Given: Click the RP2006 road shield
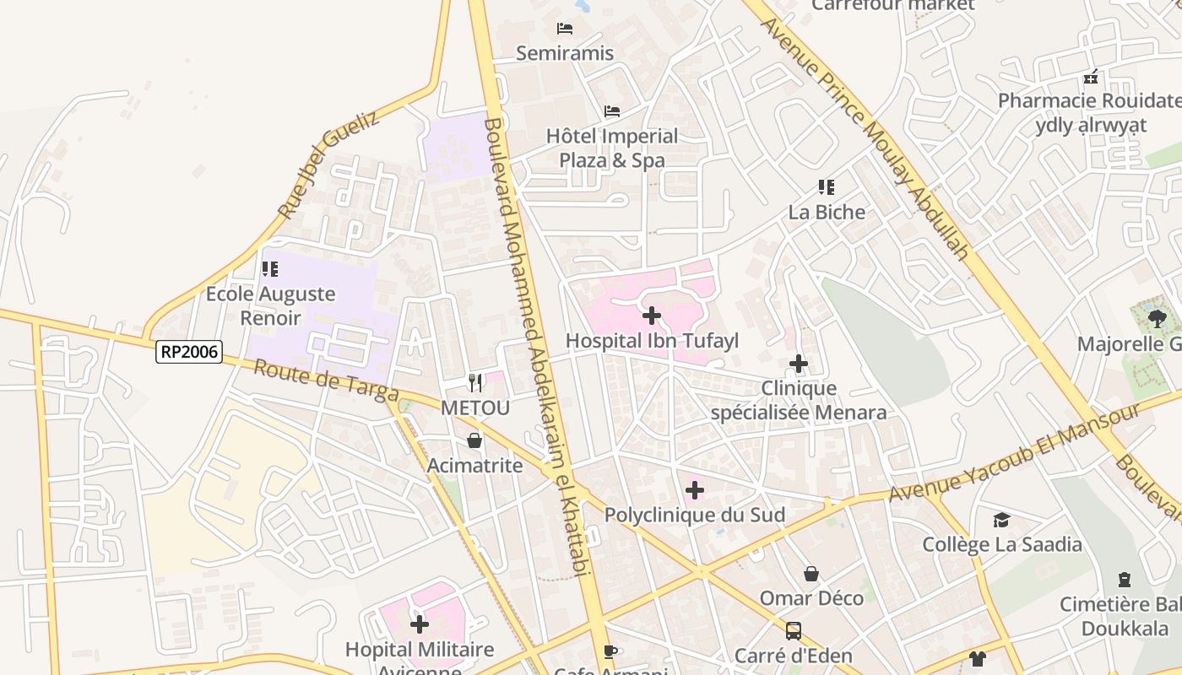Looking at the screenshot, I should pyautogui.click(x=188, y=352).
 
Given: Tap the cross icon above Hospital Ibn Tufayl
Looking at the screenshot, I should pyautogui.click(x=652, y=316).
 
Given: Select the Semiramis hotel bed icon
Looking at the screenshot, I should pyautogui.click(x=565, y=29).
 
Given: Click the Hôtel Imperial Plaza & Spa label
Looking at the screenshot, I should pyautogui.click(x=611, y=148).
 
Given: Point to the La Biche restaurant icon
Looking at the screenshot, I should pyautogui.click(x=826, y=187).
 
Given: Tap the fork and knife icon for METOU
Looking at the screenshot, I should pyautogui.click(x=475, y=383).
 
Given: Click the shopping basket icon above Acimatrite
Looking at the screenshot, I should pyautogui.click(x=474, y=440).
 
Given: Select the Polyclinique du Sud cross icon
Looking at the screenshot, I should pyautogui.click(x=695, y=490).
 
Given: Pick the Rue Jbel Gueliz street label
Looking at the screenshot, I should pyautogui.click(x=328, y=165).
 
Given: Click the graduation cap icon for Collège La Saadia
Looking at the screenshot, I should pyautogui.click(x=1001, y=520).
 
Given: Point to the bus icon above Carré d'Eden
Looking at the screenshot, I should pyautogui.click(x=793, y=630).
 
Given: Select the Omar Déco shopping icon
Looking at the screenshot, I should pyautogui.click(x=811, y=574).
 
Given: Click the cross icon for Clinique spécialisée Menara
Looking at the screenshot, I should pyautogui.click(x=798, y=364).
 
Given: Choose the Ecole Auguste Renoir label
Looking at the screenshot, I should pyautogui.click(x=270, y=305).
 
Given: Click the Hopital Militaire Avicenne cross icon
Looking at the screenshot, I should pyautogui.click(x=420, y=624).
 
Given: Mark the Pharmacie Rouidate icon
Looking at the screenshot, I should pyautogui.click(x=1091, y=77).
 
